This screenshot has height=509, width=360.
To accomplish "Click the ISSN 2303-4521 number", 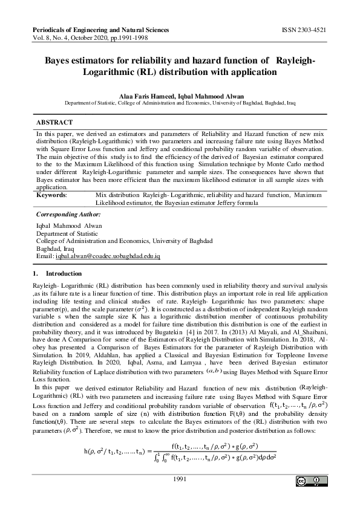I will click(x=304, y=29).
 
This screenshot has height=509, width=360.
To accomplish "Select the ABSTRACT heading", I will click(x=54, y=122).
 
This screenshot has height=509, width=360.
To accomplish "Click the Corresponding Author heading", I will click(x=68, y=215).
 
